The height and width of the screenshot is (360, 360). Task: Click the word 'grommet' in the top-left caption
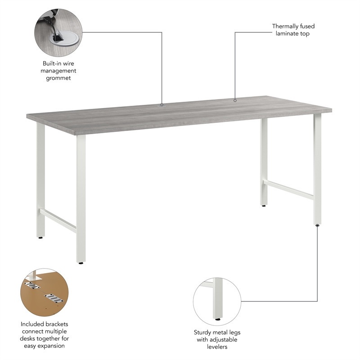58,78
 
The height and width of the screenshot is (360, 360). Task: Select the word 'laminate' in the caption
287,34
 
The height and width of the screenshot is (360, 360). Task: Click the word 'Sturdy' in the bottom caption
203,333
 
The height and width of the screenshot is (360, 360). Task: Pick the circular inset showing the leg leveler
217,301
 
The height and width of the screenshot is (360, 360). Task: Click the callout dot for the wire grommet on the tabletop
162,104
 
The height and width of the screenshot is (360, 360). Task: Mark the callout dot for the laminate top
235,100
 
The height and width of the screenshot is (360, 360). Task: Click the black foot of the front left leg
81,263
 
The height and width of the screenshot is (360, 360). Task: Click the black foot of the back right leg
264,206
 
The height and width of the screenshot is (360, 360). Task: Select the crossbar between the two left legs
58,220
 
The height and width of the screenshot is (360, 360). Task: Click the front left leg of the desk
81,198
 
